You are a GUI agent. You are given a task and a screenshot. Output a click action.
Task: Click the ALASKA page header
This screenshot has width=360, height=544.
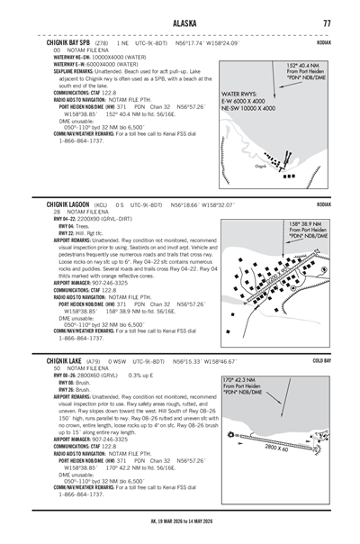[180, 23]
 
